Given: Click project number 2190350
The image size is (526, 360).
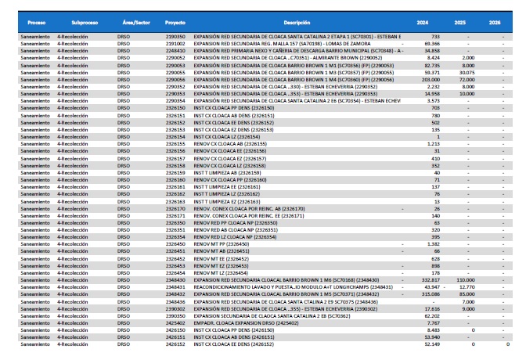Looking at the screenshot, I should tap(176, 37).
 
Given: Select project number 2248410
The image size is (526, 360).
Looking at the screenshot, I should tap(176, 50).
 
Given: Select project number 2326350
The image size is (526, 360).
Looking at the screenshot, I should tap(176, 222).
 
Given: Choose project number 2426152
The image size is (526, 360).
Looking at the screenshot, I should tap(176, 344).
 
